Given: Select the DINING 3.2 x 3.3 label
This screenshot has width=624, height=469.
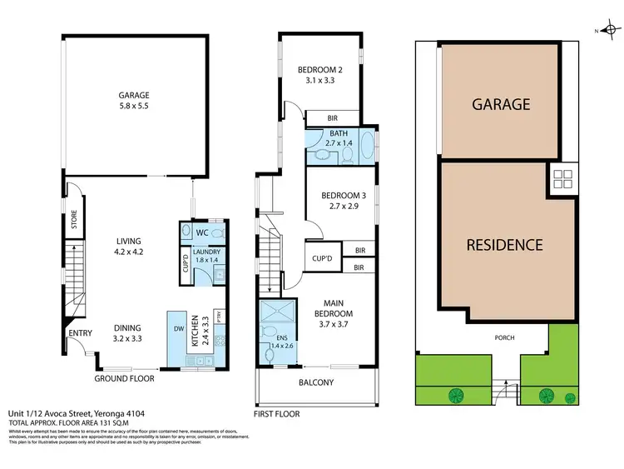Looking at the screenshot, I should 127,333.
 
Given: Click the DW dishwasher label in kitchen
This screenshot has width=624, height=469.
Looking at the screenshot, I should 179,329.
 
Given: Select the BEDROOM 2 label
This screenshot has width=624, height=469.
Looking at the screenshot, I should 320,76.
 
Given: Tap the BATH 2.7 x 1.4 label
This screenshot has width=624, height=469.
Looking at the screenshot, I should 339,138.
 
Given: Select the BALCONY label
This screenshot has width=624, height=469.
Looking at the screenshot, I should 315,383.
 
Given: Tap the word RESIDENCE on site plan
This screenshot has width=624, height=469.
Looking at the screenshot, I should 504,245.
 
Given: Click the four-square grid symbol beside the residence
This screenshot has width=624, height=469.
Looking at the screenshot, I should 561,178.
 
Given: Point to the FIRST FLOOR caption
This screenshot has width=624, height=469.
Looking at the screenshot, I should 276,414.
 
